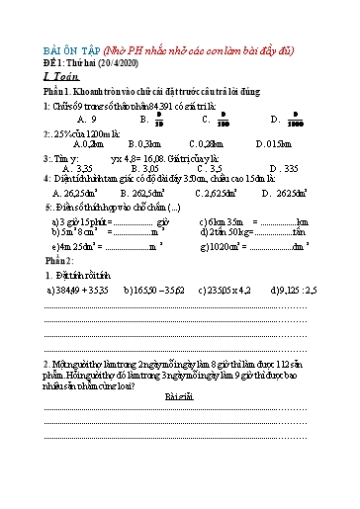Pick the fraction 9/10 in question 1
[158, 119]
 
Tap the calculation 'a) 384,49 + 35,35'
[77, 292]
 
